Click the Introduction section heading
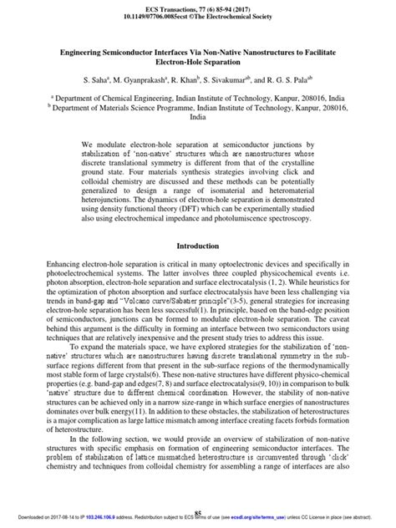[x=197, y=246]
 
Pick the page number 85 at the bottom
[x=198, y=512]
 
